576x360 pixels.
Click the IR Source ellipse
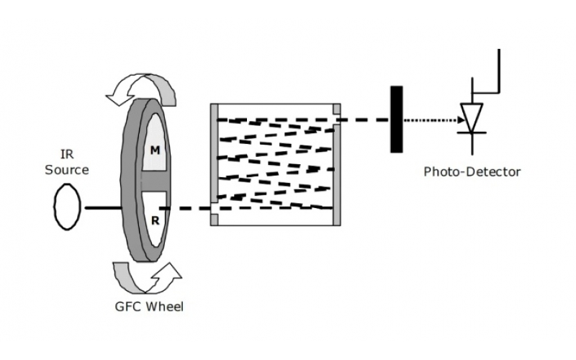coord(67,207)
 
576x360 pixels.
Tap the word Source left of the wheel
coord(67,170)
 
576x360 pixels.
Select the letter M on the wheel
coord(155,150)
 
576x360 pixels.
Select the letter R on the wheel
coord(155,221)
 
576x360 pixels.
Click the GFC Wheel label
coord(149,307)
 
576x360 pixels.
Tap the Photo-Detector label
coord(472,171)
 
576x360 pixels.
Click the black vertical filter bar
coord(396,119)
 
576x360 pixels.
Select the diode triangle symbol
coord(472,116)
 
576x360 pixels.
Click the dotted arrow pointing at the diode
coord(432,120)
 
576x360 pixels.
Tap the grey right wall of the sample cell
coord(337,173)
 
